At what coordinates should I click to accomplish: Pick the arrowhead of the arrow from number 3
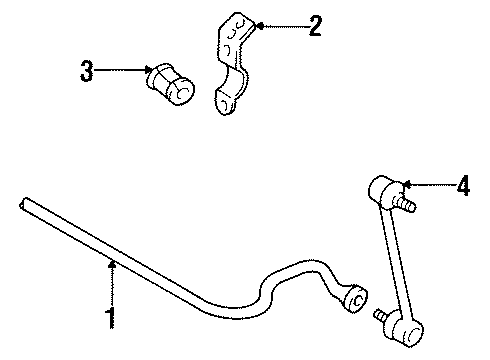148,71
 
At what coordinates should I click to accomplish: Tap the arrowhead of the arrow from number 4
402,184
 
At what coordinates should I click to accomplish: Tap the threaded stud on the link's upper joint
410,206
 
